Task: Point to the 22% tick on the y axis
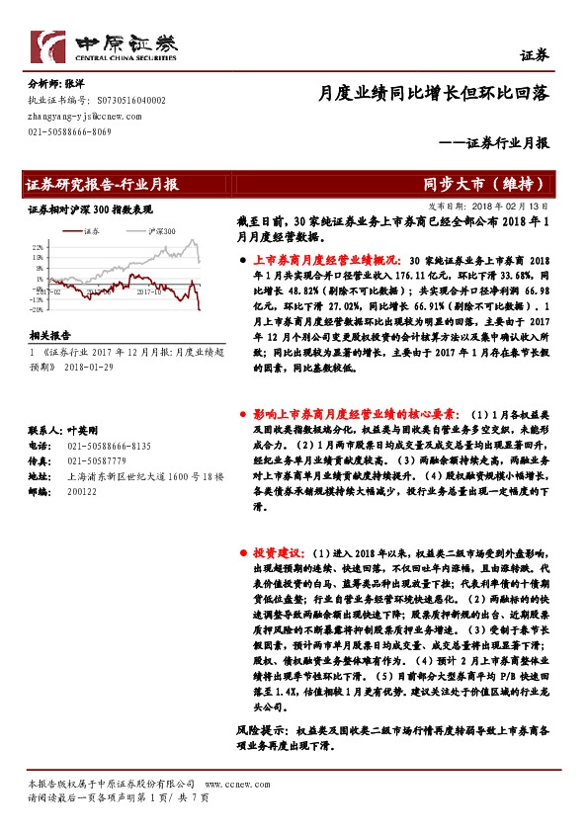[x=38, y=245]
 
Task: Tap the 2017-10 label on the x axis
[x=149, y=292]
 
